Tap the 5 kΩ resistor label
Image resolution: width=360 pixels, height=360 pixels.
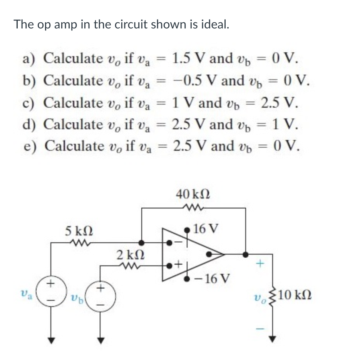(79, 232)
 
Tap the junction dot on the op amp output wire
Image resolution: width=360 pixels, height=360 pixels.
(245, 254)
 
